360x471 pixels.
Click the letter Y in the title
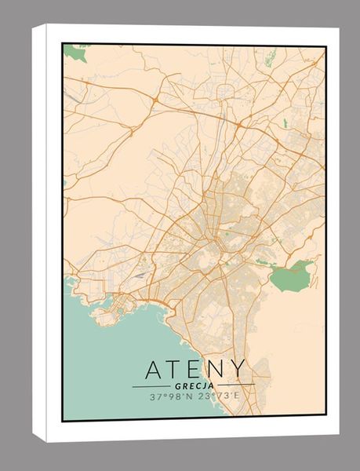click(238, 369)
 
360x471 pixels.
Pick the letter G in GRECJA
click(179, 386)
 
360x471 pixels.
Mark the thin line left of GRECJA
click(151, 387)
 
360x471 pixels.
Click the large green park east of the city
click(292, 276)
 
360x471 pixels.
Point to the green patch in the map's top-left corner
click(75, 53)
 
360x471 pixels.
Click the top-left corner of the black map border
click(63, 44)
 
